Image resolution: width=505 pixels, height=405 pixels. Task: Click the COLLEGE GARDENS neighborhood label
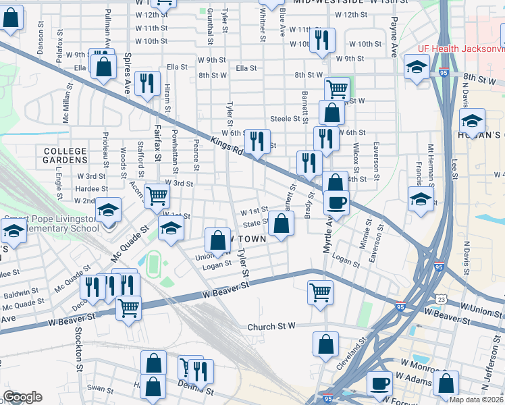tap(65, 156)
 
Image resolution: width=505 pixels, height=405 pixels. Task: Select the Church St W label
tap(271, 327)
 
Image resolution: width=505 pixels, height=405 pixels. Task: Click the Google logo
tap(22, 397)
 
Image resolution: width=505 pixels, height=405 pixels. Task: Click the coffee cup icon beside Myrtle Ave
tap(336, 202)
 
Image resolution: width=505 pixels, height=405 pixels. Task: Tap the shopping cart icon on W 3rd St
tap(157, 196)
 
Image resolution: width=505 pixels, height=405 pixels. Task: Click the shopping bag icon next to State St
tap(281, 223)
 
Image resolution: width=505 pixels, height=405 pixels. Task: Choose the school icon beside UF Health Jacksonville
tap(417, 67)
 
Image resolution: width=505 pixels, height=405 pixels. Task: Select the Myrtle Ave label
tap(328, 236)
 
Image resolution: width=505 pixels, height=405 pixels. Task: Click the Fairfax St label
tap(157, 142)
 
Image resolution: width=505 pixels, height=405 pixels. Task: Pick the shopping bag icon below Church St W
tap(325, 344)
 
